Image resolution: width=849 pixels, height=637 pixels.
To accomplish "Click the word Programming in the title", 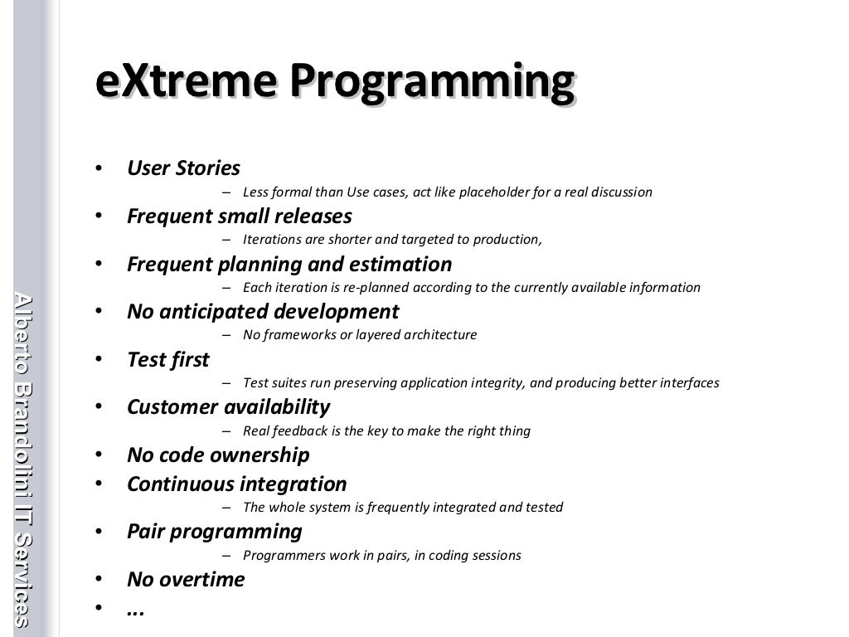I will click(x=431, y=84).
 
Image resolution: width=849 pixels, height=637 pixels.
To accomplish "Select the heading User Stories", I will click(x=183, y=168).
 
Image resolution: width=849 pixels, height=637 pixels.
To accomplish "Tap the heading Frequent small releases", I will click(x=239, y=216).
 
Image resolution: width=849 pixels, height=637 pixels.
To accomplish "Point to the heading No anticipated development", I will click(x=263, y=312).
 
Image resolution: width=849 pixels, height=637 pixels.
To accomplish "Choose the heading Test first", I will click(x=168, y=360).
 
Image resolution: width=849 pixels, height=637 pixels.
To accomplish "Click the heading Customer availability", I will click(x=228, y=407).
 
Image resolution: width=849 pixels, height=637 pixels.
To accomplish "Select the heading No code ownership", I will click(x=218, y=455).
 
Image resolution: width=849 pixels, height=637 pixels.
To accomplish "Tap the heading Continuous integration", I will click(x=236, y=484).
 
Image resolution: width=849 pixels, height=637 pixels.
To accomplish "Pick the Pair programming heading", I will click(x=214, y=532).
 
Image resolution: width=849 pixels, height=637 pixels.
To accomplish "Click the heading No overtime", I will click(x=186, y=580).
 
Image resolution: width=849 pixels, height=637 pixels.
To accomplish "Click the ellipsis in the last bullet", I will click(x=136, y=610).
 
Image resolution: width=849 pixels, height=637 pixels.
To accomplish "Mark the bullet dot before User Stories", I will click(x=99, y=169).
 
